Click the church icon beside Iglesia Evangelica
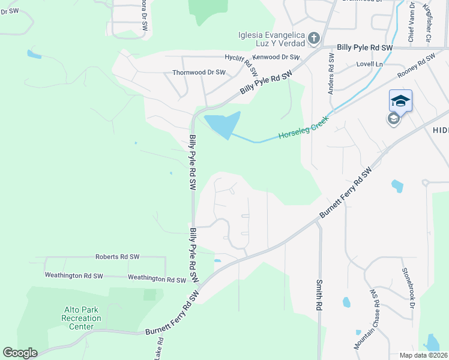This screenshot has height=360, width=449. pos(313,40)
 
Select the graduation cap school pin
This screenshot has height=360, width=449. pos(400,101)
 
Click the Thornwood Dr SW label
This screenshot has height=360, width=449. pos(199,72)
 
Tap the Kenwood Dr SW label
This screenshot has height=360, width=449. pos(276,57)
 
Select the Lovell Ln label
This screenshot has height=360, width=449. pos(369,64)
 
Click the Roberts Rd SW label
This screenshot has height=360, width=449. pos(117,257)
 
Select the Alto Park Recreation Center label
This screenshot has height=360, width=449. pos(81,318)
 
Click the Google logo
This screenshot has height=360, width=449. pos(20,353)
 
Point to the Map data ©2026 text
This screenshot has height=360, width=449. pos(423,355)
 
